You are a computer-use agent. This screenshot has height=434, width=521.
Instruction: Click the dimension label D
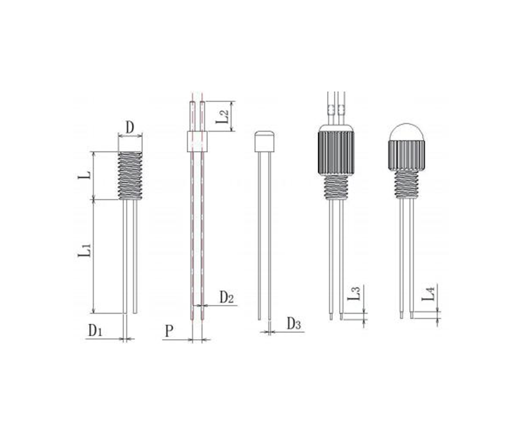(x=130, y=127)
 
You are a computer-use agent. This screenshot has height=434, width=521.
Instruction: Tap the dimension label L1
(x=85, y=250)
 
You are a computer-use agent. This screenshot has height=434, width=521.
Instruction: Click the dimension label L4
(x=428, y=293)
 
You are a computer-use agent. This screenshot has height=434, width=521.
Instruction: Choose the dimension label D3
(x=293, y=323)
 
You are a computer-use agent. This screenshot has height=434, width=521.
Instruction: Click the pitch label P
(x=169, y=331)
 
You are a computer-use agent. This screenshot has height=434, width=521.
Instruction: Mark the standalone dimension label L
(x=84, y=175)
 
